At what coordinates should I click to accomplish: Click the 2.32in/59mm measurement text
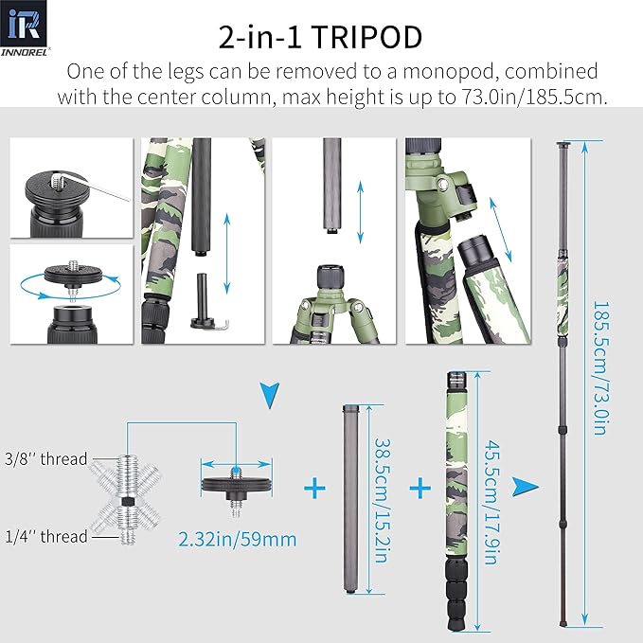click(237, 540)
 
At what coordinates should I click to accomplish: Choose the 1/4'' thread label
click(45, 536)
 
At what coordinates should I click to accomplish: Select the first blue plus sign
click(314, 489)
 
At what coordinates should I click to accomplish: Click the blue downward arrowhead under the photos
click(271, 393)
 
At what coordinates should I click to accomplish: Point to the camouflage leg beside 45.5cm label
click(455, 492)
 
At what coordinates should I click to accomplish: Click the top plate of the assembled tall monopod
click(565, 145)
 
